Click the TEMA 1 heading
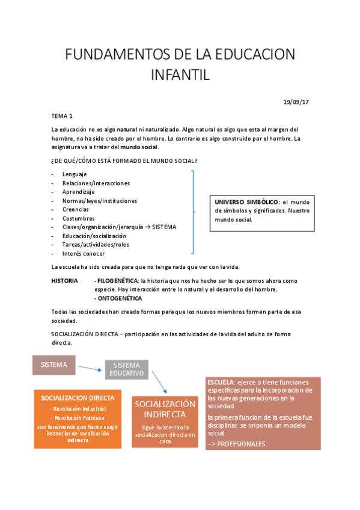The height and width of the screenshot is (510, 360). (x=61, y=115)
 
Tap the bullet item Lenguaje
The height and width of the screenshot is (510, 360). (x=75, y=174)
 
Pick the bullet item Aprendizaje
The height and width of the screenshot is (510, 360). (x=79, y=192)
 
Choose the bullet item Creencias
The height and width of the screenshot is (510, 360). (x=76, y=209)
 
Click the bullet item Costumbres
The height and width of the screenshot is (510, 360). (x=79, y=218)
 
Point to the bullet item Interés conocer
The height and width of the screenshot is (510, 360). (x=84, y=253)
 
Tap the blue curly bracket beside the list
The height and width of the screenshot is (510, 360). (x=194, y=212)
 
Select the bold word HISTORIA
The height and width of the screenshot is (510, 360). (x=65, y=281)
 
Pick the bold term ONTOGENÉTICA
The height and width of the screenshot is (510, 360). (x=120, y=298)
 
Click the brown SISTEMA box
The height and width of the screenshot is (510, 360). (x=54, y=365)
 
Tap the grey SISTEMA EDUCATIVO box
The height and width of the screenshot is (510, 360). (x=126, y=369)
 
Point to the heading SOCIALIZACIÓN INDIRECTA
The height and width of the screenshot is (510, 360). (x=165, y=409)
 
